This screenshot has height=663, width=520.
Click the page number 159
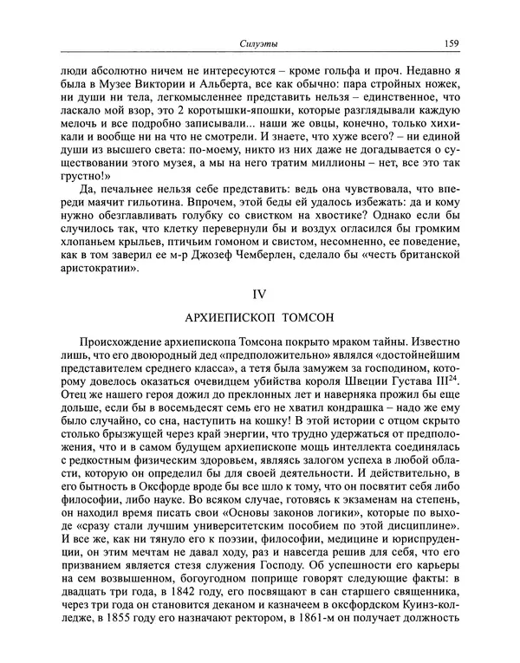tap(450, 42)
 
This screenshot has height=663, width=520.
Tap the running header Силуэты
tap(258, 42)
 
